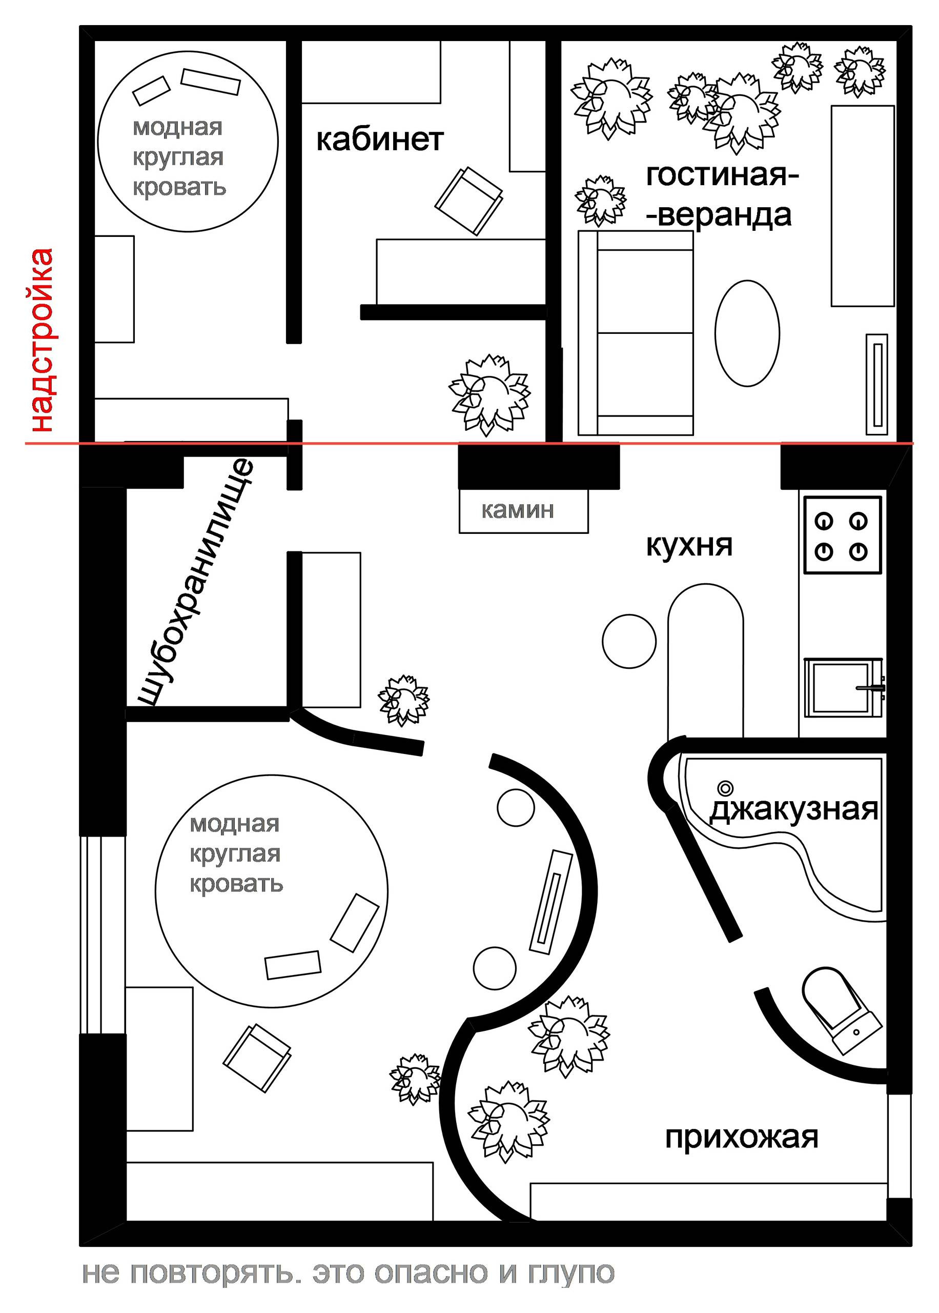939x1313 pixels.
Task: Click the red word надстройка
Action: [x=42, y=340]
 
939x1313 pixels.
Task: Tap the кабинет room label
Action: [x=380, y=140]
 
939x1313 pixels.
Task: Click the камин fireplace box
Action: [x=523, y=511]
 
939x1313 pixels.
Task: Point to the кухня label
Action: [x=689, y=545]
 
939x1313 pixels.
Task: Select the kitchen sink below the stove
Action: [x=843, y=688]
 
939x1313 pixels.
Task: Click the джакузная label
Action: [x=793, y=810]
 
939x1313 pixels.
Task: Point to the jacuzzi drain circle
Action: [x=724, y=787]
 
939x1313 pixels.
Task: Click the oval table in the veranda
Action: [x=747, y=333]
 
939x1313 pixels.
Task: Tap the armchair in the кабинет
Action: [x=469, y=201]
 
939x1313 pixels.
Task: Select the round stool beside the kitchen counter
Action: [x=629, y=641]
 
